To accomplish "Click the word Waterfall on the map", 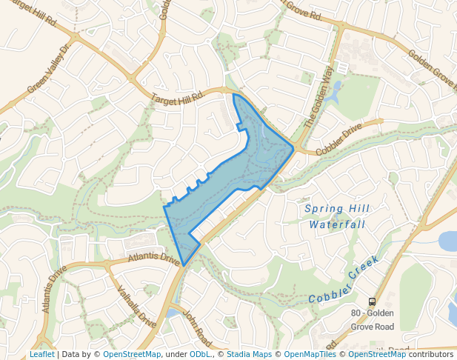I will click(x=337, y=224).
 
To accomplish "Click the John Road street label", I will click(x=198, y=327).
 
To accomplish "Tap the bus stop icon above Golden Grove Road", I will click(x=372, y=301).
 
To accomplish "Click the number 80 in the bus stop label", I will click(x=356, y=313).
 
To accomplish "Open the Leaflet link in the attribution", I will click(x=41, y=354).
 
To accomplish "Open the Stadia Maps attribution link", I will click(x=249, y=354).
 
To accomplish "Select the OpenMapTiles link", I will click(x=311, y=354).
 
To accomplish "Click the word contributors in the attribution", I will click(x=430, y=354).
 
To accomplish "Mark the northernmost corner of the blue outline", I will click(x=234, y=94).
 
